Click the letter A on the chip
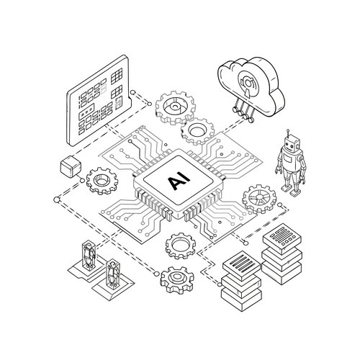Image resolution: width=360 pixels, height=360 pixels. click(x=174, y=183)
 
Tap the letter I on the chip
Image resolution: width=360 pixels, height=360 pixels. click(x=186, y=177)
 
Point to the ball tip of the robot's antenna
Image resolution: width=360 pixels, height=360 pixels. click(x=288, y=131)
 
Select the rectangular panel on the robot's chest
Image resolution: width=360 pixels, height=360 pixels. click(x=288, y=158)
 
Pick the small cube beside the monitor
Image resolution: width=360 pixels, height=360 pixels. click(x=71, y=166)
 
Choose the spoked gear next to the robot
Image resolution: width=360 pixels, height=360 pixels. click(x=259, y=198)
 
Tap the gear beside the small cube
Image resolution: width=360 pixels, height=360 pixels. click(x=102, y=181)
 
